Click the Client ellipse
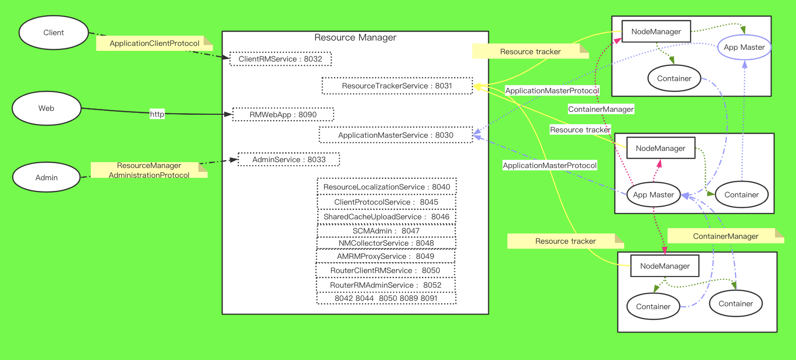click(x=54, y=33)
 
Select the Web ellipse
click(x=46, y=108)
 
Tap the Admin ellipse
click(x=46, y=178)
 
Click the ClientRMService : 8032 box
click(x=280, y=59)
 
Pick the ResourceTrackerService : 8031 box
click(x=397, y=86)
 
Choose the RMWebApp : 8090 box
click(x=283, y=115)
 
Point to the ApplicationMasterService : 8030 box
click(x=396, y=135)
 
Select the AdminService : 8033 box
click(x=289, y=160)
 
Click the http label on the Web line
click(x=157, y=114)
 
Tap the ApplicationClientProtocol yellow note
click(x=154, y=43)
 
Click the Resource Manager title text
click(x=355, y=38)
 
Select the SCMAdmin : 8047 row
click(x=386, y=231)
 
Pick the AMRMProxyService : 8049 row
click(x=385, y=256)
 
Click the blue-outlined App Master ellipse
click(x=744, y=47)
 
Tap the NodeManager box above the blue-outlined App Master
click(x=656, y=32)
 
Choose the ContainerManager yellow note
click(x=726, y=236)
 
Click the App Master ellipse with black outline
click(x=653, y=195)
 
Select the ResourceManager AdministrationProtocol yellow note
click(x=149, y=170)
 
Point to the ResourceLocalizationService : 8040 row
click(x=387, y=187)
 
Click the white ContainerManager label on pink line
click(x=601, y=109)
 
